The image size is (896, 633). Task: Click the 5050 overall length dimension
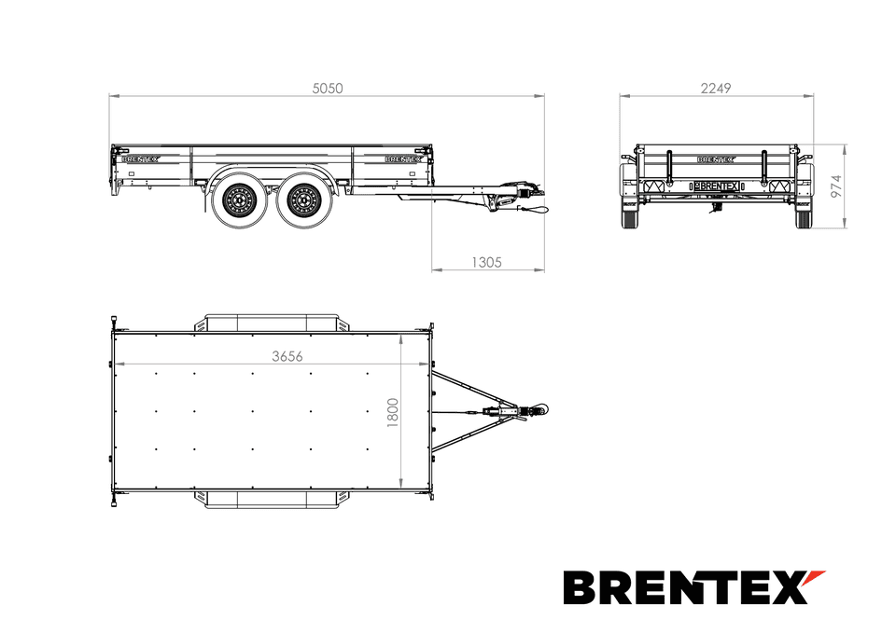click(328, 89)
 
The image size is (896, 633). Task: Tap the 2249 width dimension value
click(716, 89)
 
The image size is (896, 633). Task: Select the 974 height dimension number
click(836, 186)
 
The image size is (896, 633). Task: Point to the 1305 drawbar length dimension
click(486, 262)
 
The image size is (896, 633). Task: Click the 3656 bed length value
click(287, 356)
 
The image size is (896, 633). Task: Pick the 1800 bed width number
click(393, 412)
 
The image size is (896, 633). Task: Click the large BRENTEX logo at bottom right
click(694, 587)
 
